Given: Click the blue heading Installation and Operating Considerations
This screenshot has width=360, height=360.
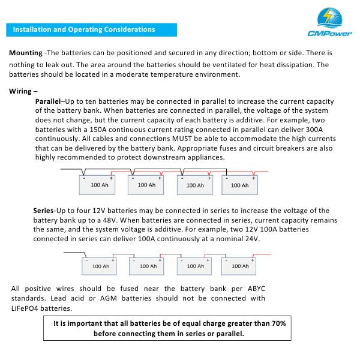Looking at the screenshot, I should [x=84, y=29].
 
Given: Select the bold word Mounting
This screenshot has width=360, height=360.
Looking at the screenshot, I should [x=25, y=53].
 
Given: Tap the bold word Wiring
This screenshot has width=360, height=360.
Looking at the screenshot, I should [x=21, y=91].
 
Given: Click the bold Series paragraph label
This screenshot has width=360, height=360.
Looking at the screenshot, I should [x=43, y=211].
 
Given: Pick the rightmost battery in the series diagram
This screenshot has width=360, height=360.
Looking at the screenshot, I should [x=240, y=264].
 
